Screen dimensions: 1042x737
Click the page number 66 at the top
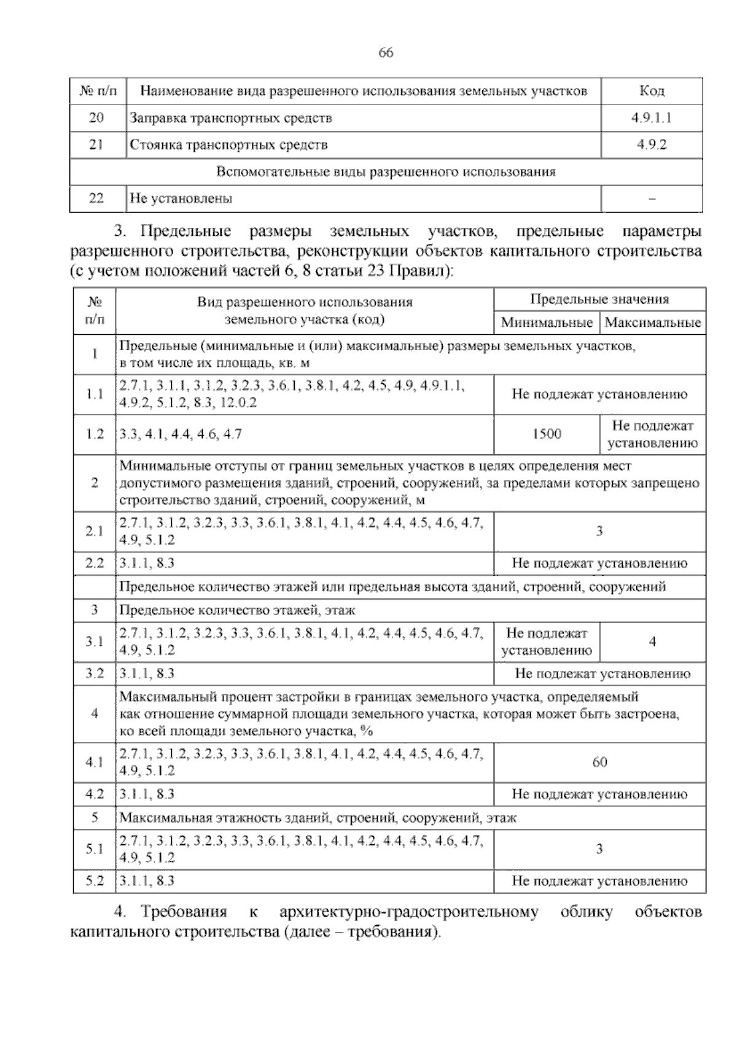pos(386,53)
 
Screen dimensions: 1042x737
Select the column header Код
pos(651,92)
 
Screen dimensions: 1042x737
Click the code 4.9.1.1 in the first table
pos(651,118)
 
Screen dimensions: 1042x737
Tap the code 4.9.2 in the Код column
pos(651,145)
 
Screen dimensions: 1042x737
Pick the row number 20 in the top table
pos(96,118)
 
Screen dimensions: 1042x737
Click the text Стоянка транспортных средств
pos(228,145)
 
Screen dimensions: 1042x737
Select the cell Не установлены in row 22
pos(181,198)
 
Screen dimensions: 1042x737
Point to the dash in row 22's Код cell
pos(651,199)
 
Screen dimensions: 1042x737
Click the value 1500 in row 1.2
pos(546,434)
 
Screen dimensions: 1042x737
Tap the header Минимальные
pos(546,323)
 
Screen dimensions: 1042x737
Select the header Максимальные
pos(652,323)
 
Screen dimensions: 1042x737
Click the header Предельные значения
pos(599,300)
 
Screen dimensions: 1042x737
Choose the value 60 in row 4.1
pos(599,762)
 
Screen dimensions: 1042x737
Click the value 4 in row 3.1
pos(652,642)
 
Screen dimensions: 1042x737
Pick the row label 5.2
pos(95,881)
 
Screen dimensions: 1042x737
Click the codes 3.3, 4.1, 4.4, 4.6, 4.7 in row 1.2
pos(181,434)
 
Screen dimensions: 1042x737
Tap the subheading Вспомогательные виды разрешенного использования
pos(386,172)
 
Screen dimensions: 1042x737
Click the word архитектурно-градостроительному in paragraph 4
pos(408,912)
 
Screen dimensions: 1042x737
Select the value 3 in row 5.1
pos(599,849)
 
